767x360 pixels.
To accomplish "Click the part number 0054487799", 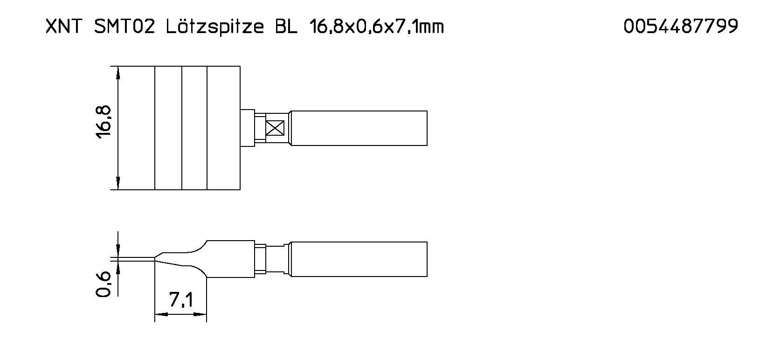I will pos(681,27).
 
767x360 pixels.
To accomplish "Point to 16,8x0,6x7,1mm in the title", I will pos(376,27).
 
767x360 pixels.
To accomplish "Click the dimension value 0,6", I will pos(104,284).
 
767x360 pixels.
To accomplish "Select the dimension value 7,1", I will pos(181,300).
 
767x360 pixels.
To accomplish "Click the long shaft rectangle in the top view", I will pos(358,128).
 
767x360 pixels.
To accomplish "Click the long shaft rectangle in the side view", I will pos(358,259).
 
